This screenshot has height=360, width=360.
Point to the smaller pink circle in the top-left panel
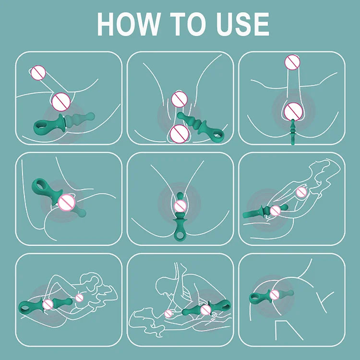pyautogui.click(x=38, y=73)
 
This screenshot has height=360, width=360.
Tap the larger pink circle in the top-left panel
pyautogui.click(x=61, y=101)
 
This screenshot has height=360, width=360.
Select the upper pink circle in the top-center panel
pyautogui.click(x=179, y=99)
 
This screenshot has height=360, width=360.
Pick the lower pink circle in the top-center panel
pyautogui.click(x=179, y=132)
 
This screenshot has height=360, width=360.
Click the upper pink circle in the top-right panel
pyautogui.click(x=292, y=62)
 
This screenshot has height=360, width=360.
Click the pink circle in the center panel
pyautogui.click(x=180, y=205)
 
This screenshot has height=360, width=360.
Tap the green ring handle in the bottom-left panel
pyautogui.click(x=26, y=305)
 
